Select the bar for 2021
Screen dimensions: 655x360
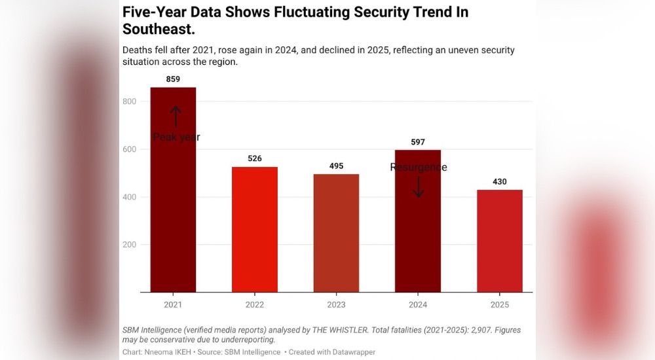(173, 190)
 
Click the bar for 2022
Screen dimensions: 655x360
(255, 230)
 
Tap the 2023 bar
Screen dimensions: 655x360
(336, 233)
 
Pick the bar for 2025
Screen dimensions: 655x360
(500, 241)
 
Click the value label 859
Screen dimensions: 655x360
(173, 79)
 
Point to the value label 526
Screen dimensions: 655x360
(255, 158)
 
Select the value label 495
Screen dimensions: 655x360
(336, 166)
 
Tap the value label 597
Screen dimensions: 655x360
(418, 142)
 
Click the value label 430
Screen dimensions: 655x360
(500, 182)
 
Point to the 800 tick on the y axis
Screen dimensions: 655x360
(130, 101)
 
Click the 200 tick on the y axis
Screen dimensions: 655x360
(130, 245)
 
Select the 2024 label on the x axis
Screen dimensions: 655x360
(418, 305)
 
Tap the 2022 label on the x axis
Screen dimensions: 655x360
(255, 305)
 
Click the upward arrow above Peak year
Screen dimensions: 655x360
(176, 117)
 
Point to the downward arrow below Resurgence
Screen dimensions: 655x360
(419, 187)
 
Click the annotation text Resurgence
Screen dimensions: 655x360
(419, 168)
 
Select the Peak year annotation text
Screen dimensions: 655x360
(177, 137)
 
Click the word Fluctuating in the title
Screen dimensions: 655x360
(311, 12)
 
